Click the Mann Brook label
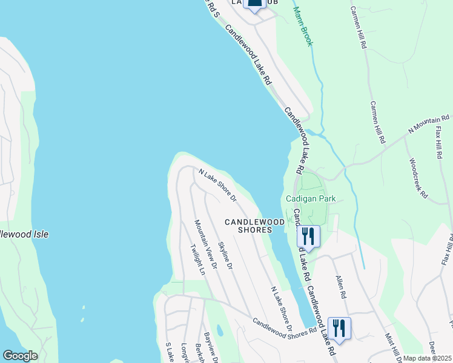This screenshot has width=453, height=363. click(x=303, y=27)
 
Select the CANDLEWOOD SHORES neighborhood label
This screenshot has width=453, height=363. click(x=254, y=226)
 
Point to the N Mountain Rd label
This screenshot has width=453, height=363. click(x=429, y=123)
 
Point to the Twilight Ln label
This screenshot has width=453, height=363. click(x=197, y=260)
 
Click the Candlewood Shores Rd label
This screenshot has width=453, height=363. click(x=285, y=328)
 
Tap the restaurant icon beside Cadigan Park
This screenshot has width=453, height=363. click(x=308, y=237)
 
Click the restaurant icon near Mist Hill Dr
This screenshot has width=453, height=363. click(x=339, y=329)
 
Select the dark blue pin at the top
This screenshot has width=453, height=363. click(x=255, y=5)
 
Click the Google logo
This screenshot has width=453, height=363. click(x=20, y=356)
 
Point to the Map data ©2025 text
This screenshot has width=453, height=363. click(x=427, y=359)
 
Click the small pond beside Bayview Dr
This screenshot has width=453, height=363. click(x=219, y=330)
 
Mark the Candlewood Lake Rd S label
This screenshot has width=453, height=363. click(x=212, y=8)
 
